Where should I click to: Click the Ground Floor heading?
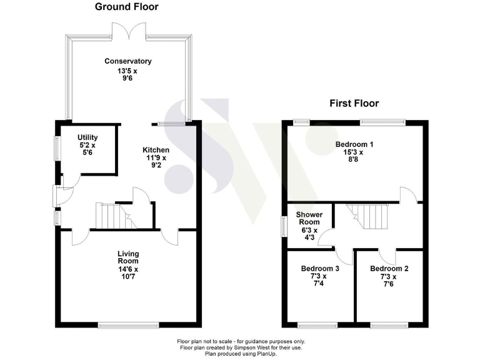click(126, 7)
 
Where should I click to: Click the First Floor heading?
click(354, 104)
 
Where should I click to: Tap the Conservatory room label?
click(127, 61)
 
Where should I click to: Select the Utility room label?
click(87, 137)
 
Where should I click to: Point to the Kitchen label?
click(156, 150)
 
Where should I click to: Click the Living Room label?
click(128, 257)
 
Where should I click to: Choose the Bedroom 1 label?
click(354, 143)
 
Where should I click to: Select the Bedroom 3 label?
click(319, 269)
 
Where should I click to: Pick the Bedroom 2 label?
click(389, 269)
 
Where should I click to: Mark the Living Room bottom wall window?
click(128, 324)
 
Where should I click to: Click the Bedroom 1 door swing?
click(409, 194)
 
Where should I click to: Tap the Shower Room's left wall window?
click(283, 223)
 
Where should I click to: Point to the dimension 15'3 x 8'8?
click(354, 155)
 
